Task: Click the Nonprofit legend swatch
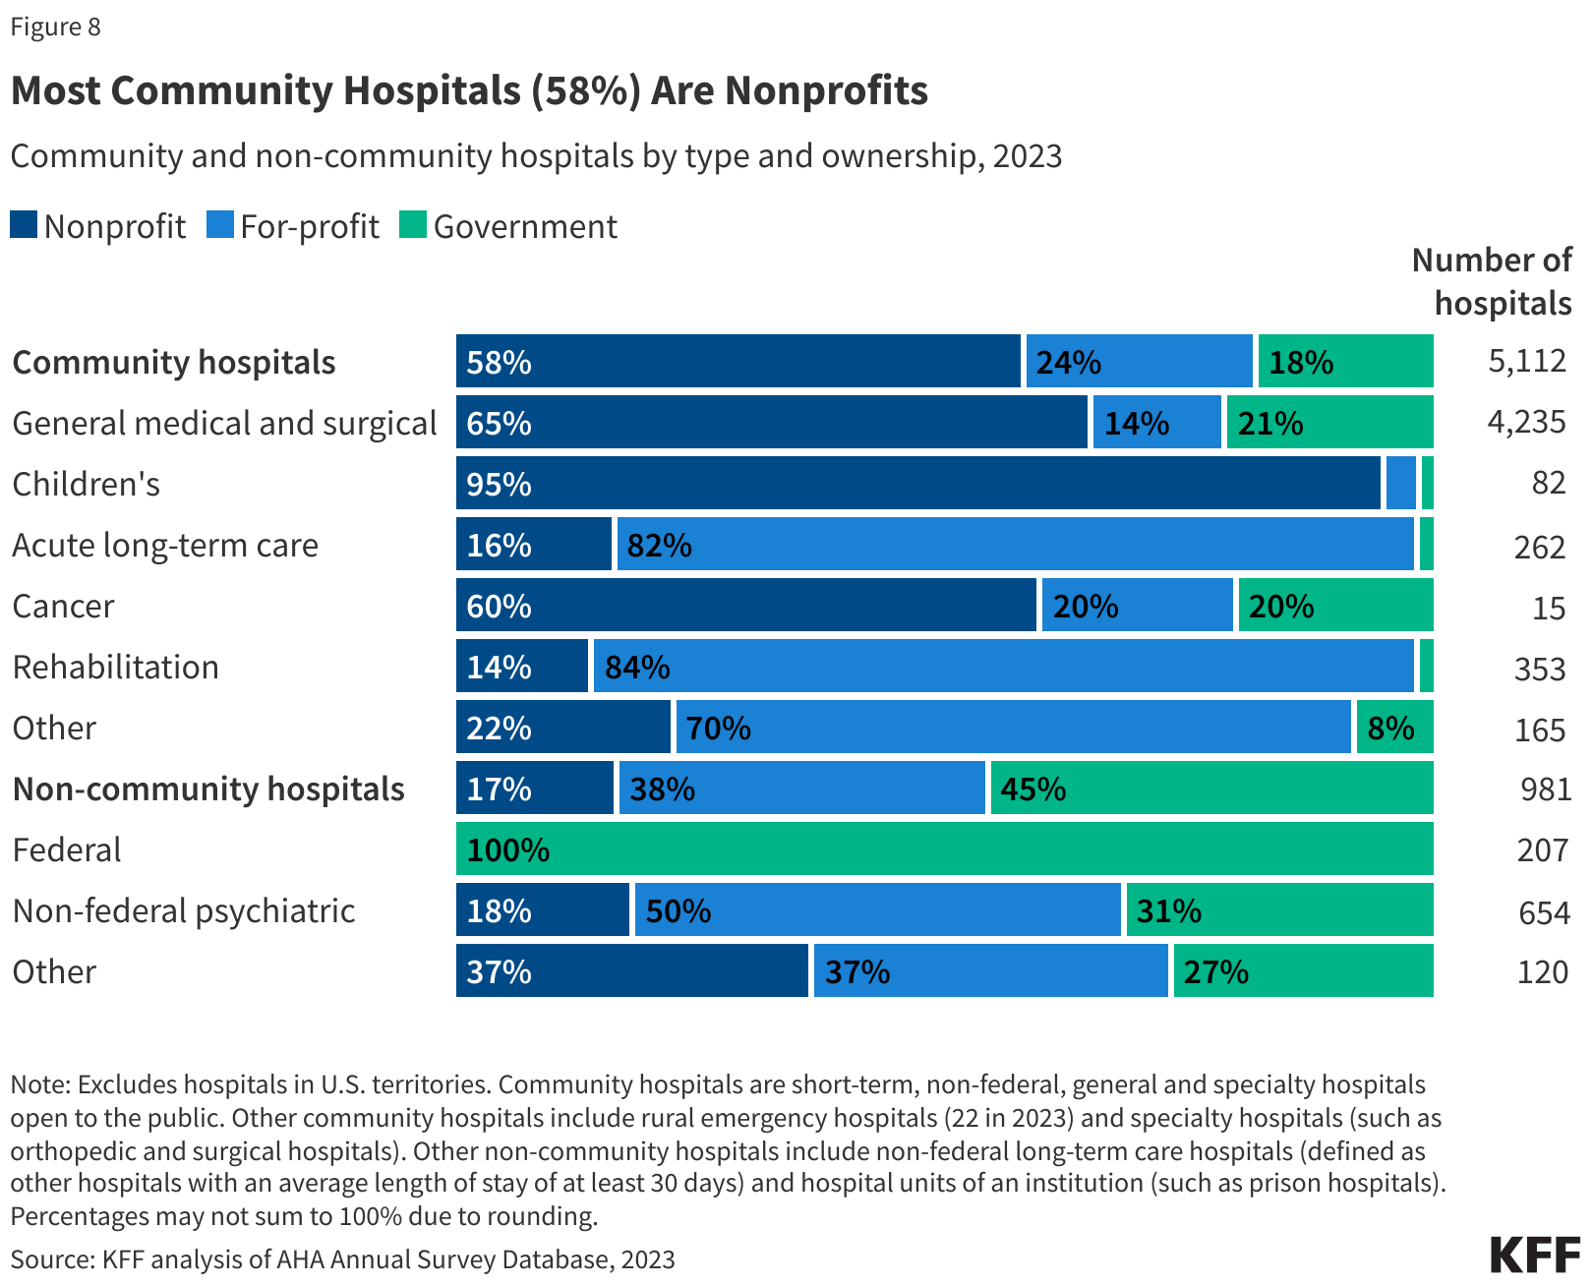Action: coord(24,225)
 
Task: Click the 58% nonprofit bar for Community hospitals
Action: coord(737,361)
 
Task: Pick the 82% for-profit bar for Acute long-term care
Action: coord(1015,545)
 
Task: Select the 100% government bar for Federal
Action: coord(944,849)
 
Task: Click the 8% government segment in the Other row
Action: coord(1394,728)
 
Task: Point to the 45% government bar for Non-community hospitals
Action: coord(1211,789)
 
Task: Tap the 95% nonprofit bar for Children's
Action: coord(918,484)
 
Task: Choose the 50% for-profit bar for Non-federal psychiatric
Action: coord(877,910)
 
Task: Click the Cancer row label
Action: coord(63,607)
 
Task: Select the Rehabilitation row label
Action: coord(115,668)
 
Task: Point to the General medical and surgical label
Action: coord(224,424)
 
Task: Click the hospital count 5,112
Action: coord(1526,361)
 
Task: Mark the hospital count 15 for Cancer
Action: coord(1549,609)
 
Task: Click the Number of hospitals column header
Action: coord(1493,282)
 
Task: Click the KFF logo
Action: coord(1535,1256)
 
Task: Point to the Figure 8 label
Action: coord(55,27)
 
